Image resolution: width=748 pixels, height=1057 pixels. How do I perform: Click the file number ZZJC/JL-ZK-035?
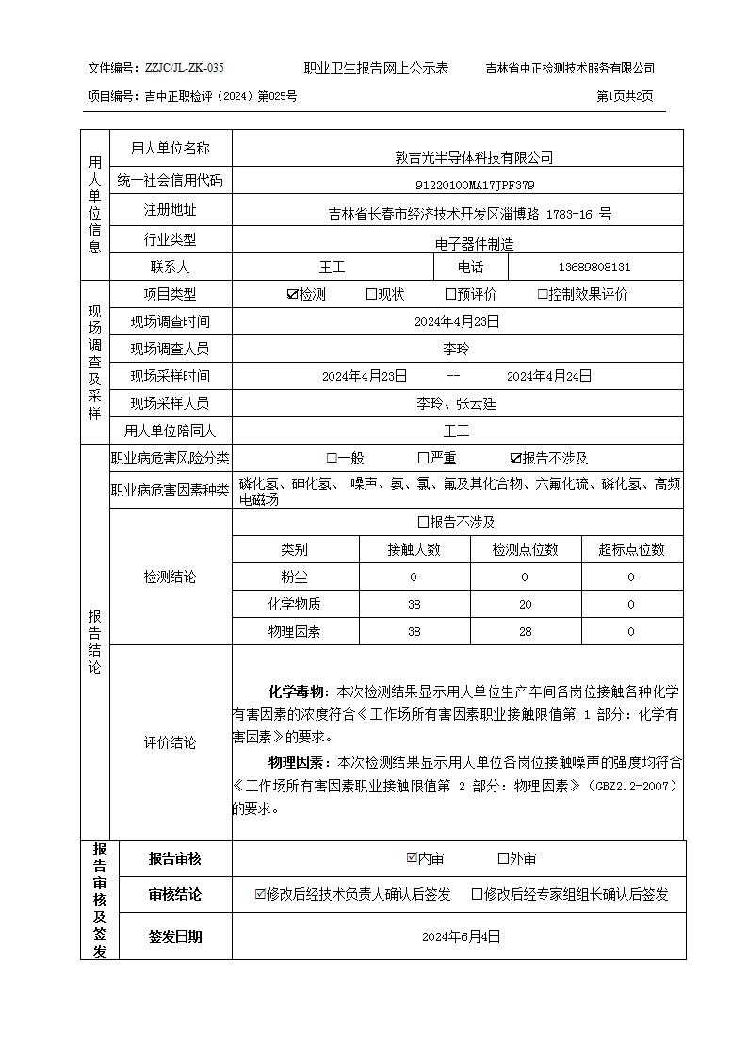click(185, 68)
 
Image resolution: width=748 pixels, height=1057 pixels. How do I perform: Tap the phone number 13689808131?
click(594, 268)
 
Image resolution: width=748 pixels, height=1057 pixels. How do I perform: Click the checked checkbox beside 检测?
click(292, 294)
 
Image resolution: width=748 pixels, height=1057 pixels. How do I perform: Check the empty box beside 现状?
click(371, 294)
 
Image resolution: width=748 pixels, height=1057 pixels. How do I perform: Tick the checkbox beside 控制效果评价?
click(543, 294)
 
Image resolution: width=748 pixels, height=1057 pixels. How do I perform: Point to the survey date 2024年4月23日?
click(457, 321)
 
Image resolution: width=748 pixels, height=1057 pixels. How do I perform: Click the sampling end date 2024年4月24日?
click(549, 376)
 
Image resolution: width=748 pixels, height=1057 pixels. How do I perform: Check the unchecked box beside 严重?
click(423, 459)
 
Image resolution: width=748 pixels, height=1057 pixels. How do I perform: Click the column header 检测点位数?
click(525, 549)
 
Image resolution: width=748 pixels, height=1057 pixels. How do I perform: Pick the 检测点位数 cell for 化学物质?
click(525, 604)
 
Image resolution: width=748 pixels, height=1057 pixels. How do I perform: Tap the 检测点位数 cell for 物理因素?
click(525, 631)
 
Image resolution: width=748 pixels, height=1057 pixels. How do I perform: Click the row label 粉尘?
click(294, 577)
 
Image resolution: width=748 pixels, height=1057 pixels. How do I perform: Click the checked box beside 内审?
click(411, 858)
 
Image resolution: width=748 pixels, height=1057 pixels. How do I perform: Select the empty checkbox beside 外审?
click(503, 858)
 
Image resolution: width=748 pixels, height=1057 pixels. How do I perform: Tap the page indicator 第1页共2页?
click(625, 96)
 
